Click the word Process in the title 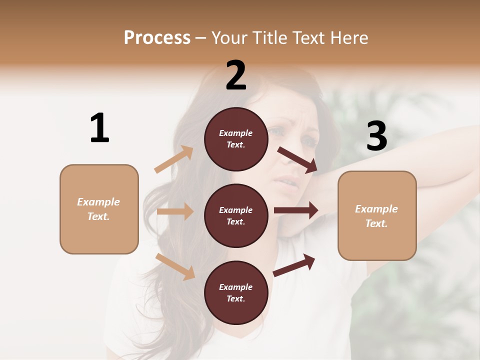157,38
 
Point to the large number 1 99,128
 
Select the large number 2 236,75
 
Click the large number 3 376,136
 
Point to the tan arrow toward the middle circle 175,211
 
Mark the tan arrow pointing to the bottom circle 175,266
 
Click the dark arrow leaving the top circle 297,159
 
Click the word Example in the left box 98,202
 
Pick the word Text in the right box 376,223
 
